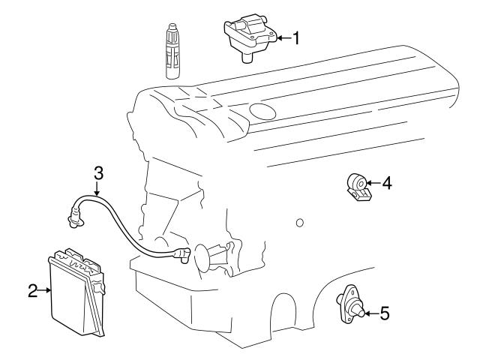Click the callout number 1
click(x=296, y=37)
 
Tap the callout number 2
click(x=32, y=291)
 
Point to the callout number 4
click(x=386, y=182)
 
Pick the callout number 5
click(x=384, y=313)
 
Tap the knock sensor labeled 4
click(x=358, y=186)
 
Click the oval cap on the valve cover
click(x=263, y=112)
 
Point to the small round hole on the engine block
click(x=299, y=223)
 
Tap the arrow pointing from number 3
click(x=97, y=187)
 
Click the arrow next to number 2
click(x=44, y=291)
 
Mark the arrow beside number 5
click(x=370, y=313)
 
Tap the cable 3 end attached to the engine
click(x=181, y=257)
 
